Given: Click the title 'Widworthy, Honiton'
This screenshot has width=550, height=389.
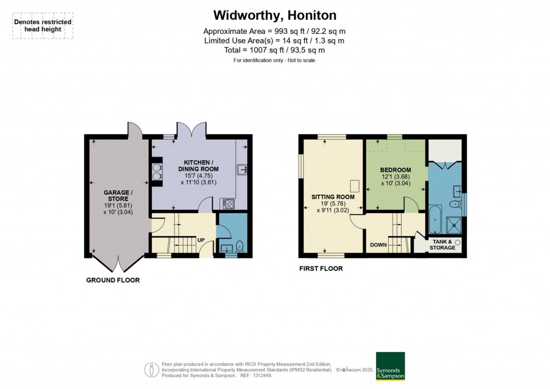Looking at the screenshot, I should (274, 15).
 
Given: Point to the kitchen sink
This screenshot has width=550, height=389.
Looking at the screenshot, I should (242, 170).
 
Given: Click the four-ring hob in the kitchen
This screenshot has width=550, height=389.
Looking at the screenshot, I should (228, 204).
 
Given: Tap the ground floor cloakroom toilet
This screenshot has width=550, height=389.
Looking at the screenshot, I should (239, 247).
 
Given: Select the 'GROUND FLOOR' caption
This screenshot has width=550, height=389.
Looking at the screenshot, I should (113, 280).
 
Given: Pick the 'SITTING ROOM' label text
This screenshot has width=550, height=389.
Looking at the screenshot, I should (333, 197).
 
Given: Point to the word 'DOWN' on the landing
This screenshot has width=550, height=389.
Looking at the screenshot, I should (378, 245).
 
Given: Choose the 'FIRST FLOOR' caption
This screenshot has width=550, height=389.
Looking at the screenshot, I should (321, 269).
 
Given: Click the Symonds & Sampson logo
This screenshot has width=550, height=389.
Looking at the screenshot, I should (390, 366).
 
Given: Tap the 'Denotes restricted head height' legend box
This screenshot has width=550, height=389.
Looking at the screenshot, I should (43, 26).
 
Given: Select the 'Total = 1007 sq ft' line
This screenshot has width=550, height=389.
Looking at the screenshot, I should (274, 50).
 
